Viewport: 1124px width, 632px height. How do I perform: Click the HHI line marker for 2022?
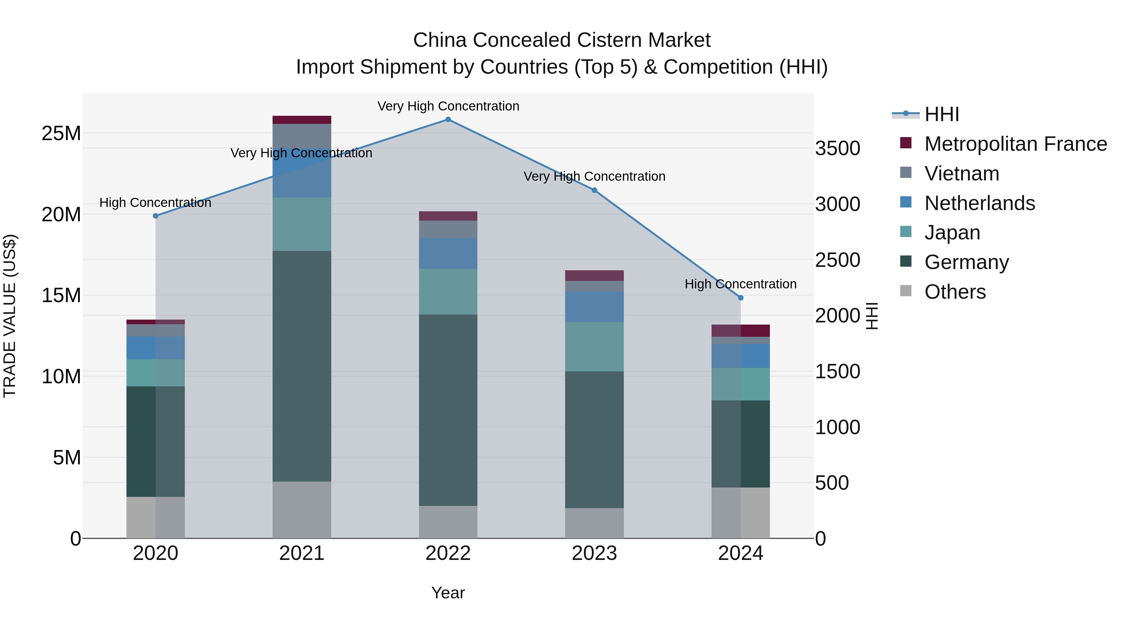click(448, 120)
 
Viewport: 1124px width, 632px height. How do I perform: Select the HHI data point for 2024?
click(741, 298)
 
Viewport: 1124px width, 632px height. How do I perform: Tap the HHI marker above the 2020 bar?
click(156, 216)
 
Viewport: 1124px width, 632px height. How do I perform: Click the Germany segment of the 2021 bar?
click(302, 366)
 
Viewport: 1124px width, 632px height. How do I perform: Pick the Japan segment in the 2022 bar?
click(448, 292)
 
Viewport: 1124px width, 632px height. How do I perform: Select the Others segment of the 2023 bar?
click(594, 523)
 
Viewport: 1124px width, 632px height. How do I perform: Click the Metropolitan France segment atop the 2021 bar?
click(302, 120)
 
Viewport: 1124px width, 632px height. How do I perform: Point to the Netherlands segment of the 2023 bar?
click(594, 307)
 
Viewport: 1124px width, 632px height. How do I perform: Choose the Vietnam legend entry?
click(962, 174)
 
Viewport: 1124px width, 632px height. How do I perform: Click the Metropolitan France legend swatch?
click(906, 143)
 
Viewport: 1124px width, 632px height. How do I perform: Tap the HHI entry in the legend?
click(942, 114)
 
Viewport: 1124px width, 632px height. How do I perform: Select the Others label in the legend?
click(955, 292)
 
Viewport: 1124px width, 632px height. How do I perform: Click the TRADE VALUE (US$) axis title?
click(10, 316)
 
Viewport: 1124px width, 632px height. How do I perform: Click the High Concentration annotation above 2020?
click(155, 203)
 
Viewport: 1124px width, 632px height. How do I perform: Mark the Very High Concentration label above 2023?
click(594, 177)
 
